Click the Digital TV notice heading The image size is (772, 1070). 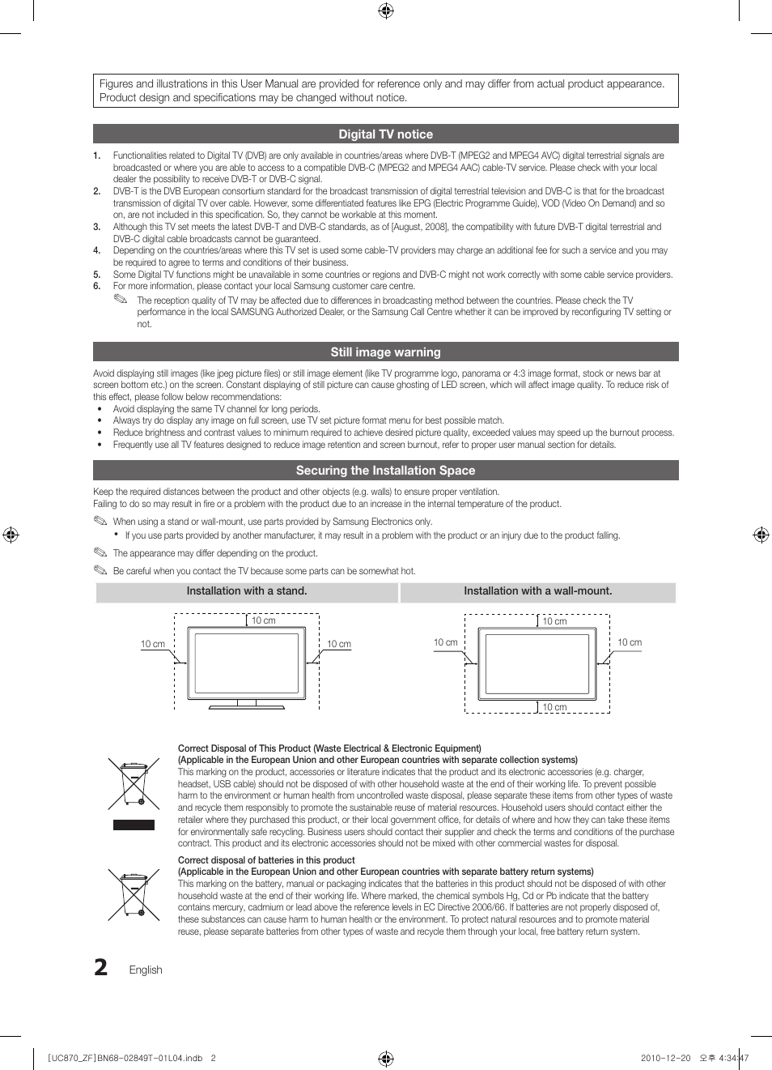pyautogui.click(x=385, y=134)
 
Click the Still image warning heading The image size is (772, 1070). pyautogui.click(x=385, y=352)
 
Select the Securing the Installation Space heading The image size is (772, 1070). pyautogui.click(x=385, y=471)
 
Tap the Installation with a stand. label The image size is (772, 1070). pyautogui.click(x=247, y=591)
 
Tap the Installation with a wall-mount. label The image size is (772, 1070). pyautogui.click(x=537, y=591)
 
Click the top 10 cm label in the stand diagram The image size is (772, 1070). pyautogui.click(x=263, y=620)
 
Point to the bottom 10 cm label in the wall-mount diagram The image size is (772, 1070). pyautogui.click(x=554, y=707)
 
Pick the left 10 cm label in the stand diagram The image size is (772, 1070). pyautogui.click(x=153, y=645)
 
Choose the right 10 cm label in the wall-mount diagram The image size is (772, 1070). pyautogui.click(x=630, y=642)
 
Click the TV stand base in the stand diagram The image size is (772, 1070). pyautogui.click(x=247, y=706)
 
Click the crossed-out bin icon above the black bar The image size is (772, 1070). pyautogui.click(x=134, y=783)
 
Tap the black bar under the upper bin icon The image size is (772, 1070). pyautogui.click(x=134, y=825)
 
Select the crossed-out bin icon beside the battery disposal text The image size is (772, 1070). pyautogui.click(x=134, y=895)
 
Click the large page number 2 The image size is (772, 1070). pyautogui.click(x=101, y=968)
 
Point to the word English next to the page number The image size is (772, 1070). pyautogui.click(x=146, y=970)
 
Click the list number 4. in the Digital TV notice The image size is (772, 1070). pyautogui.click(x=96, y=251)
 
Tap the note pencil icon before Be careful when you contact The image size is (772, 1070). pyautogui.click(x=100, y=570)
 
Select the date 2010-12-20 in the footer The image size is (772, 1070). pyautogui.click(x=665, y=1058)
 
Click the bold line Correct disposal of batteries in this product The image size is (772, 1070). pyautogui.click(x=266, y=860)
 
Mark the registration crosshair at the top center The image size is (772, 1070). pyautogui.click(x=386, y=11)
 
